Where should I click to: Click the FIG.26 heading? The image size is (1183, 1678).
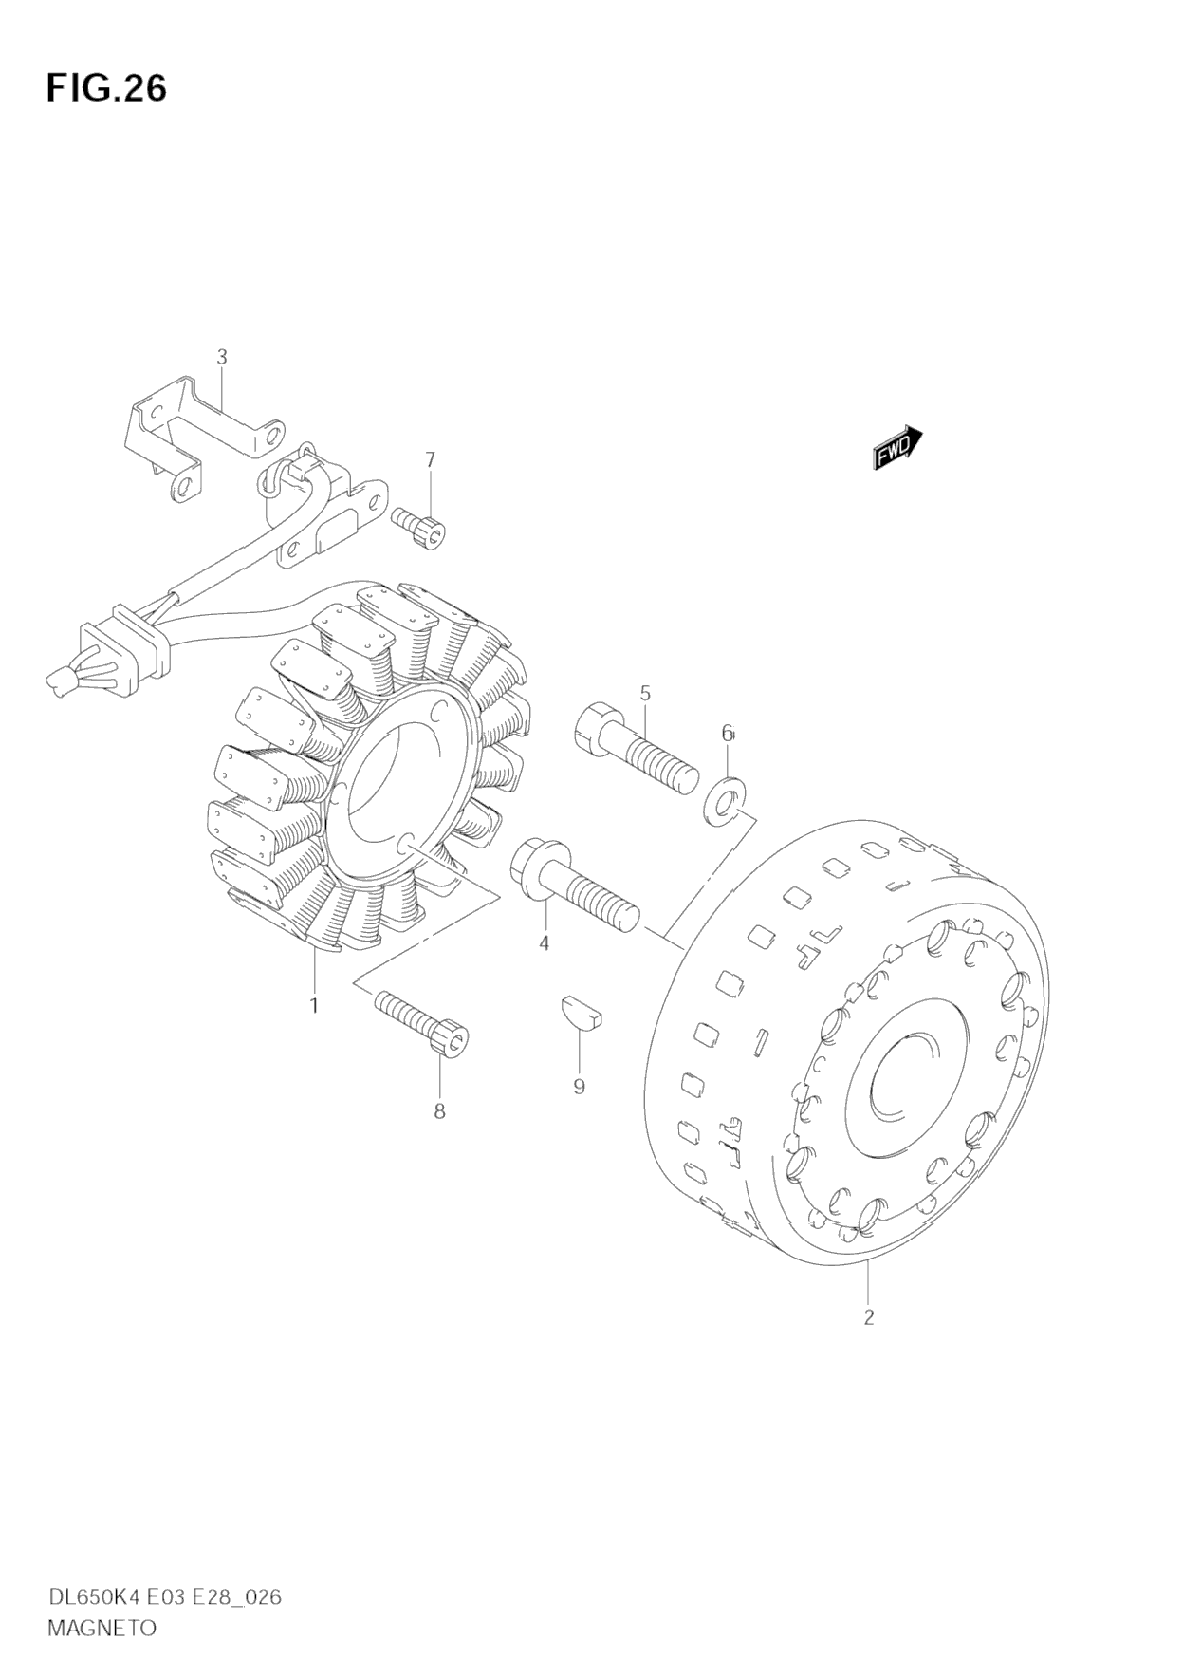coord(106,88)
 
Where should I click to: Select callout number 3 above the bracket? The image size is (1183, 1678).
coord(222,357)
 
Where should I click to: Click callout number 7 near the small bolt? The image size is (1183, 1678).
coord(430,459)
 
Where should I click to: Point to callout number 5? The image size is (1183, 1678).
coord(645,693)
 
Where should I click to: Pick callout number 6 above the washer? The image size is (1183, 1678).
coord(728,733)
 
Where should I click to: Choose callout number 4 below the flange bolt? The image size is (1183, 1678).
coord(544,943)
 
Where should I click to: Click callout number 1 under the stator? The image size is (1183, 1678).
coord(313,1005)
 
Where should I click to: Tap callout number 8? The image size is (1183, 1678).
coord(439,1111)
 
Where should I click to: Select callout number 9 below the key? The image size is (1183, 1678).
coord(579,1087)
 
